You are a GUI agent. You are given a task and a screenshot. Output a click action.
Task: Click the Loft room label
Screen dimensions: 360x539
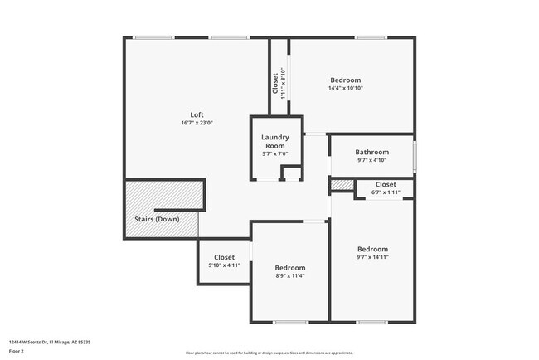[x=197, y=114]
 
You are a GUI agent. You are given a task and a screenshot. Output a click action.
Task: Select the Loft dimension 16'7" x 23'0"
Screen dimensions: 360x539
[x=197, y=123]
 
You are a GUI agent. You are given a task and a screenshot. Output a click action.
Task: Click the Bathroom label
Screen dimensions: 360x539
[x=371, y=152]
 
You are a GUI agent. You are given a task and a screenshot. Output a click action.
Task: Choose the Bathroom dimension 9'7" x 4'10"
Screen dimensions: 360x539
[x=371, y=160]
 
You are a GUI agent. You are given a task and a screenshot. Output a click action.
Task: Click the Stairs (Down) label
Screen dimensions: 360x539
[x=157, y=220]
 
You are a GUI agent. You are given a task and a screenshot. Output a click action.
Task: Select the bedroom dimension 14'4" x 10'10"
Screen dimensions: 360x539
[x=346, y=88]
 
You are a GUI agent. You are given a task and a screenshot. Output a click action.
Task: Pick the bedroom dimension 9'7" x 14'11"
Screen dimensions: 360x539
[x=372, y=257]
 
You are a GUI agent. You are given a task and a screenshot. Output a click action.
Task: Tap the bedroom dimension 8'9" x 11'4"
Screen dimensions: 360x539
[x=290, y=276]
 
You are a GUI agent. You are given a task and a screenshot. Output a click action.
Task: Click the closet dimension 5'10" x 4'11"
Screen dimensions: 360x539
[x=224, y=265]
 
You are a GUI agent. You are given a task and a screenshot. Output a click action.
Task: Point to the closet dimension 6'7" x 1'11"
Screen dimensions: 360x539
[x=386, y=192]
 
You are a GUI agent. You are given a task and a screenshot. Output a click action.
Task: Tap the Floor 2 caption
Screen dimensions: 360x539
[x=17, y=351]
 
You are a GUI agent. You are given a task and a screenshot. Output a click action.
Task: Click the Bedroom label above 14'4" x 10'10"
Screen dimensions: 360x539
[x=346, y=80]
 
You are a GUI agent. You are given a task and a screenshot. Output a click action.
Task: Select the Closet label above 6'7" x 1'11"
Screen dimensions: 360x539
[x=386, y=184]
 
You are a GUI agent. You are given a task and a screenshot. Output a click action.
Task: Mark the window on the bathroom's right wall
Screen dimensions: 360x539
[x=415, y=155]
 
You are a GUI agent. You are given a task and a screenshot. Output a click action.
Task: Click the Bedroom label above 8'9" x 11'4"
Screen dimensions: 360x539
[x=290, y=268]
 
